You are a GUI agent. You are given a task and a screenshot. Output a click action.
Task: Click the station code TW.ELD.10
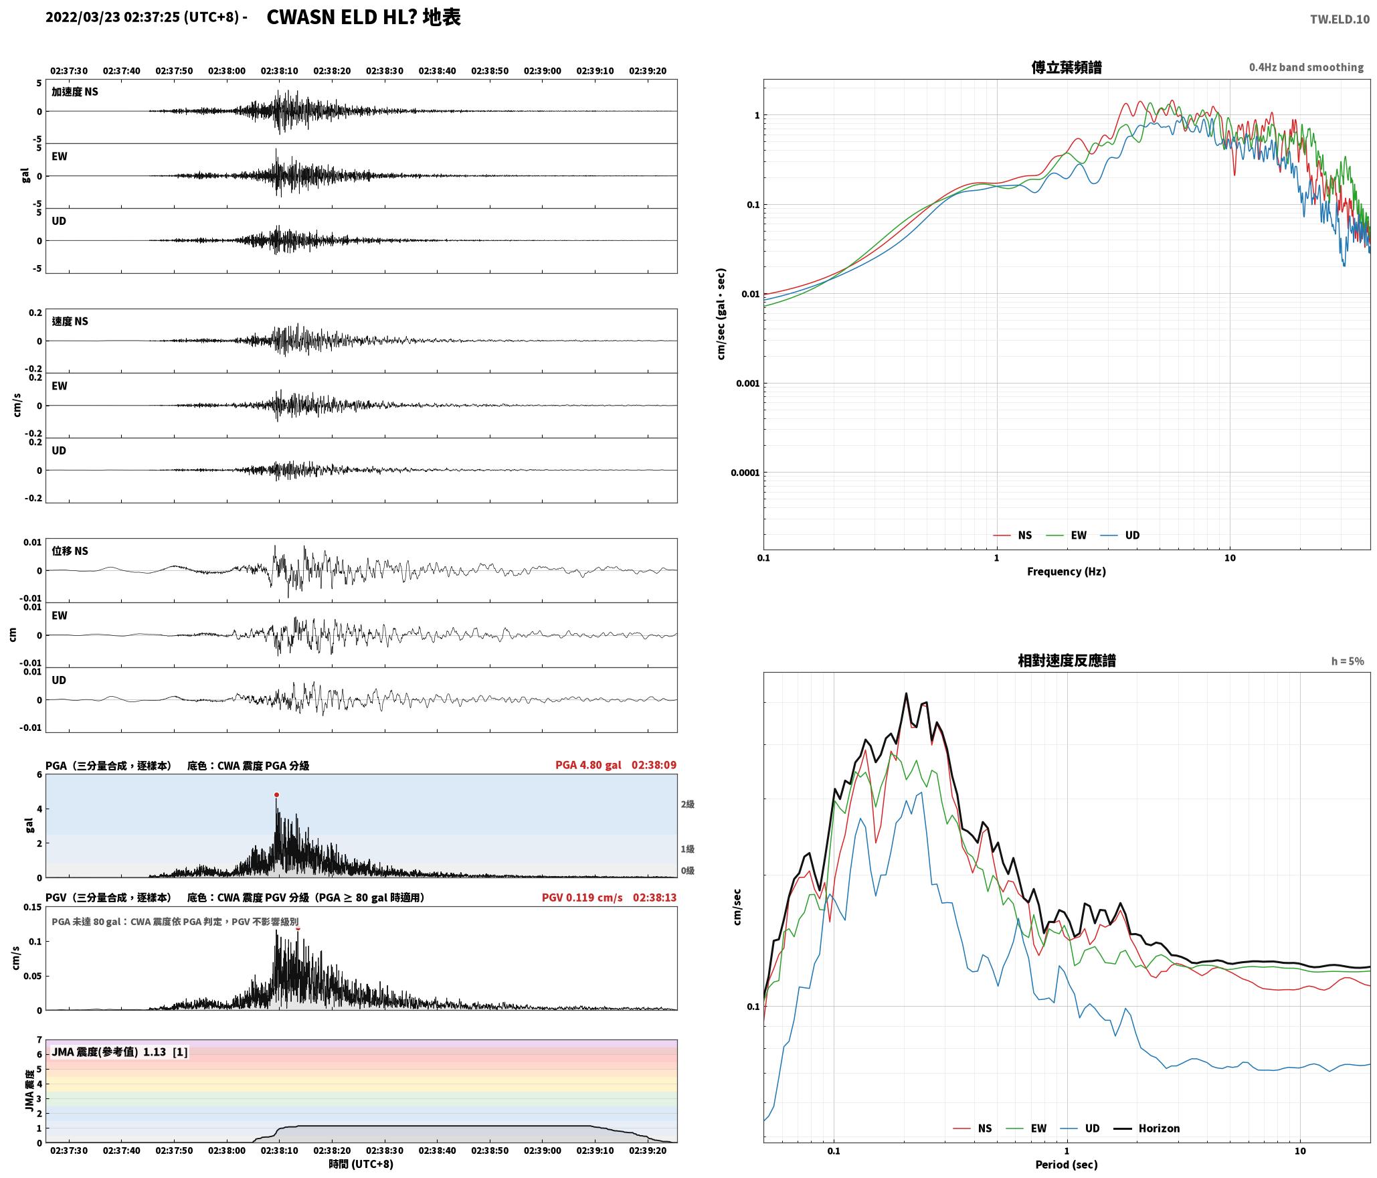[1340, 19]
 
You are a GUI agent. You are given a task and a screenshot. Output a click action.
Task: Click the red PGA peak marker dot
[276, 795]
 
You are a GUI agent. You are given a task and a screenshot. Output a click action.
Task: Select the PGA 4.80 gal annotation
[588, 765]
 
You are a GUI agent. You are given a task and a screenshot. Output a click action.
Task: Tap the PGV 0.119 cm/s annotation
[582, 898]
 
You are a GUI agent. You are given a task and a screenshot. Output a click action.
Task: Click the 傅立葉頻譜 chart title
[1067, 68]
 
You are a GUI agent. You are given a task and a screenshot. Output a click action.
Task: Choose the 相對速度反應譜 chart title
[1067, 661]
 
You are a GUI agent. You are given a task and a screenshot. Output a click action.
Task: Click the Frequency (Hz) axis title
[1067, 572]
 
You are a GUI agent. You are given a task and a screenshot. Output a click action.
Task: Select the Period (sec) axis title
[1067, 1165]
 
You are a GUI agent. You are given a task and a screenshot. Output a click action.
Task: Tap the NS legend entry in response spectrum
[972, 1128]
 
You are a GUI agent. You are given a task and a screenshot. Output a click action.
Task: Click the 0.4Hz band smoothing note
[1306, 68]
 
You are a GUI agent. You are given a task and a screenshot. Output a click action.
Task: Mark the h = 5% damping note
[1348, 661]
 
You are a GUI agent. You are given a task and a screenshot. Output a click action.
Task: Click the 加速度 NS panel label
[75, 92]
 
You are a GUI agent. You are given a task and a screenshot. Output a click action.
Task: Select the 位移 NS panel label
[70, 551]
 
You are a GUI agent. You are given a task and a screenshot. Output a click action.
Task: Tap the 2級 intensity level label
[688, 804]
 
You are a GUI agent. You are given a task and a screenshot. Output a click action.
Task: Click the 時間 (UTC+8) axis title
[361, 1164]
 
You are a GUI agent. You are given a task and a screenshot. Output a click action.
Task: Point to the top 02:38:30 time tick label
[384, 71]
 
